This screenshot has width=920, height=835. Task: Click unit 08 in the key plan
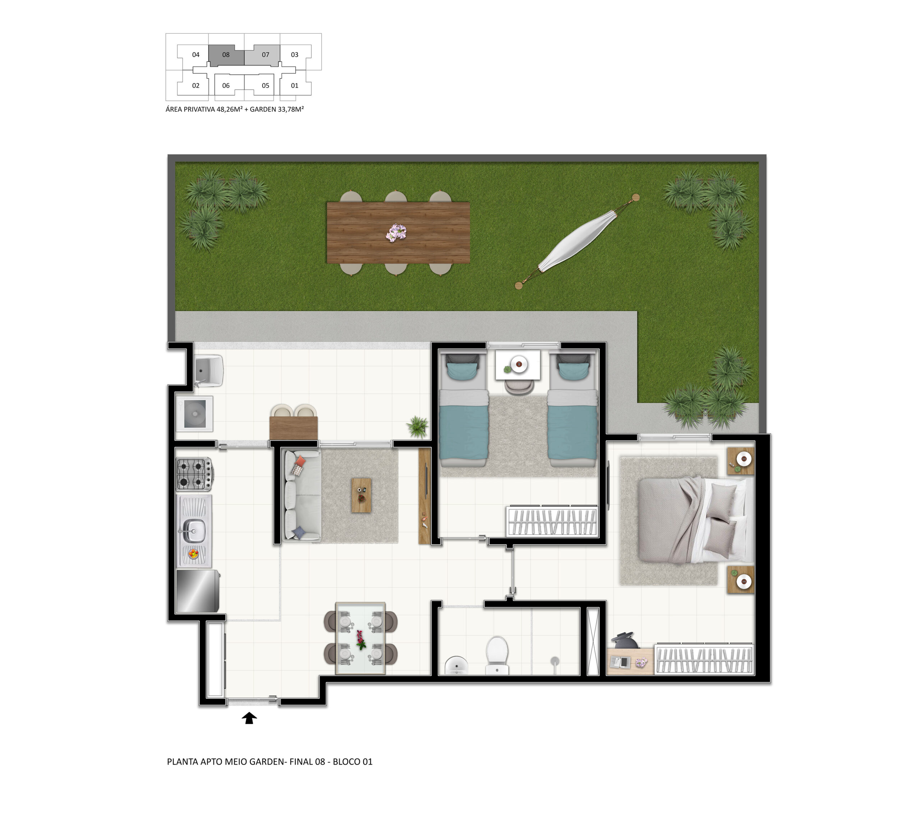[x=226, y=55]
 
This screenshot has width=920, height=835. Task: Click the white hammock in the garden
[x=577, y=241]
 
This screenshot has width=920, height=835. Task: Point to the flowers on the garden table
[x=396, y=233]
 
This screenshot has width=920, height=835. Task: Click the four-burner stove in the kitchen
[x=194, y=474]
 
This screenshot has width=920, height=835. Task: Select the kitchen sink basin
[x=194, y=531]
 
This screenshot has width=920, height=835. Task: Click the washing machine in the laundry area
[x=195, y=414]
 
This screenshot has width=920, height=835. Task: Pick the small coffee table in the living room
[x=361, y=495]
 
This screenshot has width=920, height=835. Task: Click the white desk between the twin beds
[x=518, y=365]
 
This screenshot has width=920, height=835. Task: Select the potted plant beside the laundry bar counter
[x=418, y=426]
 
